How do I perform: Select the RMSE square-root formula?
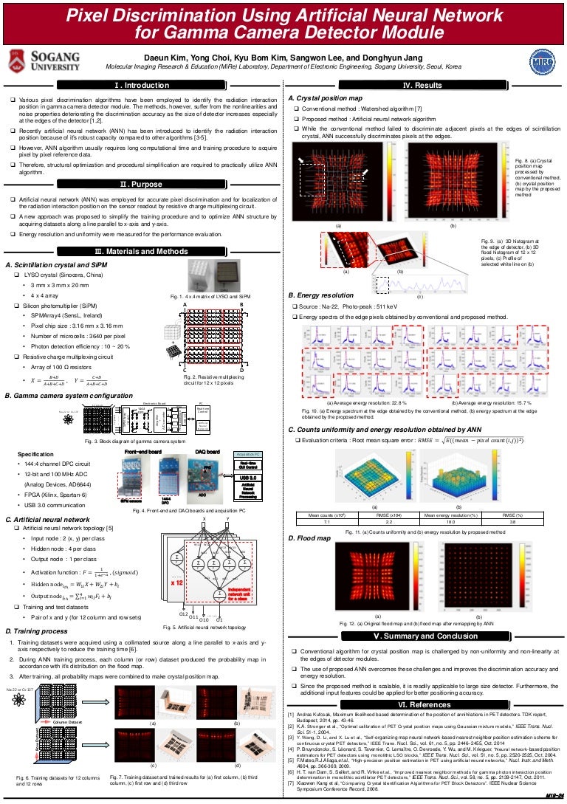tap(465, 440)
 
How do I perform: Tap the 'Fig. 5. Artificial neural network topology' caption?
tap(205, 627)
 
